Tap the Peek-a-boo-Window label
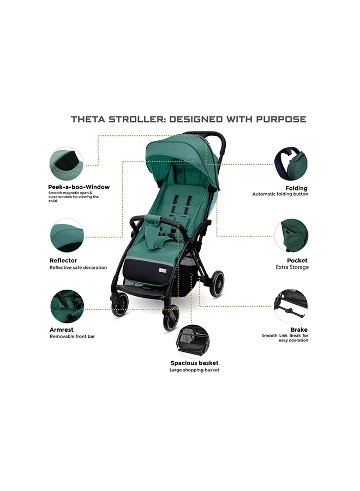(79, 187)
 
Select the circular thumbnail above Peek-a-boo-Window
(67, 163)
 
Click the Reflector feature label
(63, 261)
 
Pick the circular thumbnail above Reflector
(67, 236)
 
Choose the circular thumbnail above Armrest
(67, 306)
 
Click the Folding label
(296, 188)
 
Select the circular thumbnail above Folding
(290, 163)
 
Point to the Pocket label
(297, 261)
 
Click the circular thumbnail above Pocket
(291, 236)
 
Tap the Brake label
(299, 330)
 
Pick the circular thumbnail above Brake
(291, 306)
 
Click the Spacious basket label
(194, 363)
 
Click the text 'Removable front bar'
(72, 337)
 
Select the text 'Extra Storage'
(291, 267)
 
